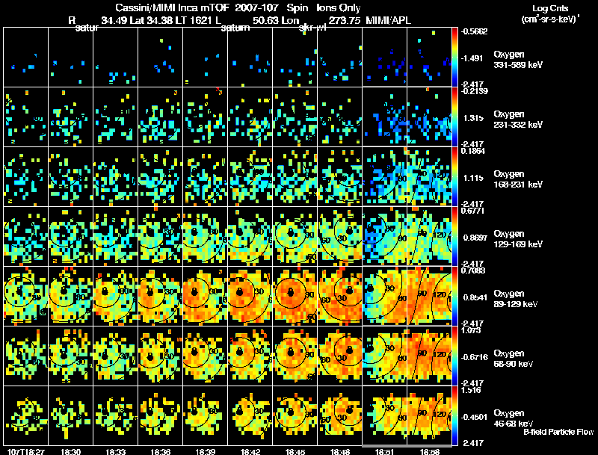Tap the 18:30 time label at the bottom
[70, 451]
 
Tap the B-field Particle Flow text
[558, 432]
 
